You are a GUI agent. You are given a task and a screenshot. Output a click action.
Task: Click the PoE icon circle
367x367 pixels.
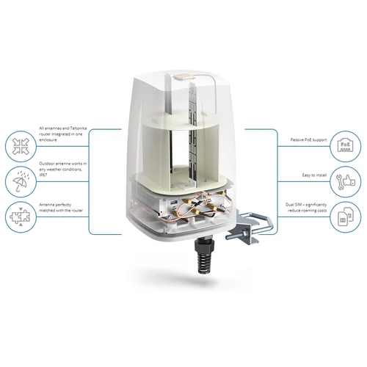[345, 146]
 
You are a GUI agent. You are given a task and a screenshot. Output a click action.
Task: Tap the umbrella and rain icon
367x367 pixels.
[21, 181]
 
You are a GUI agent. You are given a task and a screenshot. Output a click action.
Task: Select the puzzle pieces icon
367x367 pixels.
[21, 217]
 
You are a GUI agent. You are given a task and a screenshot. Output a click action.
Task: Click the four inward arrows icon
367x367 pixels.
[21, 146]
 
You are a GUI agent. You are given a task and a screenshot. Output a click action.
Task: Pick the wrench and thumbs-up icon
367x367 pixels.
[345, 181]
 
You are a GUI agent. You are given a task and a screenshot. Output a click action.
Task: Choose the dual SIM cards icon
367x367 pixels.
[345, 217]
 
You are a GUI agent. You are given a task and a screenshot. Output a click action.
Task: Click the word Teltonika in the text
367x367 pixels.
[79, 128]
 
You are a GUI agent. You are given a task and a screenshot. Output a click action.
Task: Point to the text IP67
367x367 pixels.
[43, 175]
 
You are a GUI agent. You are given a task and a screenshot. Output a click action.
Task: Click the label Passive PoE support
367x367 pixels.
[308, 140]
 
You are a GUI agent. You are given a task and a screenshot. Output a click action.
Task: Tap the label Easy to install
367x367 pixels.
[314, 175]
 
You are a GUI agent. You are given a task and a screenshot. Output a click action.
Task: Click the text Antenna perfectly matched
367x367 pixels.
[55, 208]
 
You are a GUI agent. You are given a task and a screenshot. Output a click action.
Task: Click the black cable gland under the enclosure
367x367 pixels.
[204, 254]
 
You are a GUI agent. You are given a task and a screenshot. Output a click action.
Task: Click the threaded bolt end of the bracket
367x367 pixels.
[232, 237]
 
